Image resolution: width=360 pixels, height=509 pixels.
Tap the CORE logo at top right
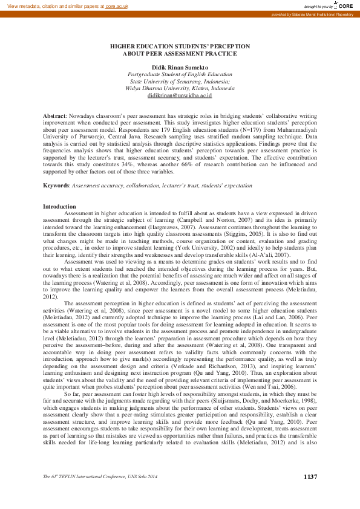tap(344, 5)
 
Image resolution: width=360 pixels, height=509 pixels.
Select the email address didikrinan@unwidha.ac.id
tap(180, 96)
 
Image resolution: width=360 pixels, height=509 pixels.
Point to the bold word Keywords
tap(56, 184)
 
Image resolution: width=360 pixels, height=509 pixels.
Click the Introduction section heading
tap(59, 207)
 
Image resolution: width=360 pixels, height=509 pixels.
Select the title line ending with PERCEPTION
tap(180, 46)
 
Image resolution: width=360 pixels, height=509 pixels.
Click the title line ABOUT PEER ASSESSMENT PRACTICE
tap(180, 53)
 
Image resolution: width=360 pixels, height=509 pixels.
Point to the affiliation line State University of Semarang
tap(180, 81)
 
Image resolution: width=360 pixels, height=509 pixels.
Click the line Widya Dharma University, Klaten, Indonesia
tap(180, 88)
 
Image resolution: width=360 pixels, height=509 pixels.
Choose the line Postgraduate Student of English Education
tap(180, 74)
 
